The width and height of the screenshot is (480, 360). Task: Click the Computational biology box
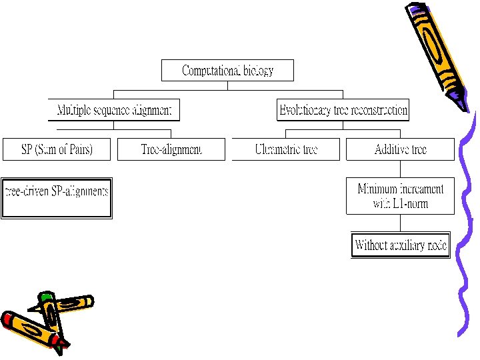click(227, 71)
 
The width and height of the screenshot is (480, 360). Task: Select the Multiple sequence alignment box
click(114, 109)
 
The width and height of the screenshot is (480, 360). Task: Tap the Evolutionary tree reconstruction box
click(343, 109)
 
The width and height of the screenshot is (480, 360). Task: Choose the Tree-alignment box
click(171, 149)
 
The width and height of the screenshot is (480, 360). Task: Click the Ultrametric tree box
click(286, 149)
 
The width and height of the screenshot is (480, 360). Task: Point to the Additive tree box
click(400, 149)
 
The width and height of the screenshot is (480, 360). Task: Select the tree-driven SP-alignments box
click(57, 198)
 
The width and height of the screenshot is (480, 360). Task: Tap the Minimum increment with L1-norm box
click(400, 196)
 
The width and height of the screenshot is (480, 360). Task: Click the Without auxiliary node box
click(401, 245)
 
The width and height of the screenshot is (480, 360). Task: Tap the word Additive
click(392, 149)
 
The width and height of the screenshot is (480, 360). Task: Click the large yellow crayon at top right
click(437, 47)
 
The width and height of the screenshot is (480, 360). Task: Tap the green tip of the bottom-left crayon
click(45, 296)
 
